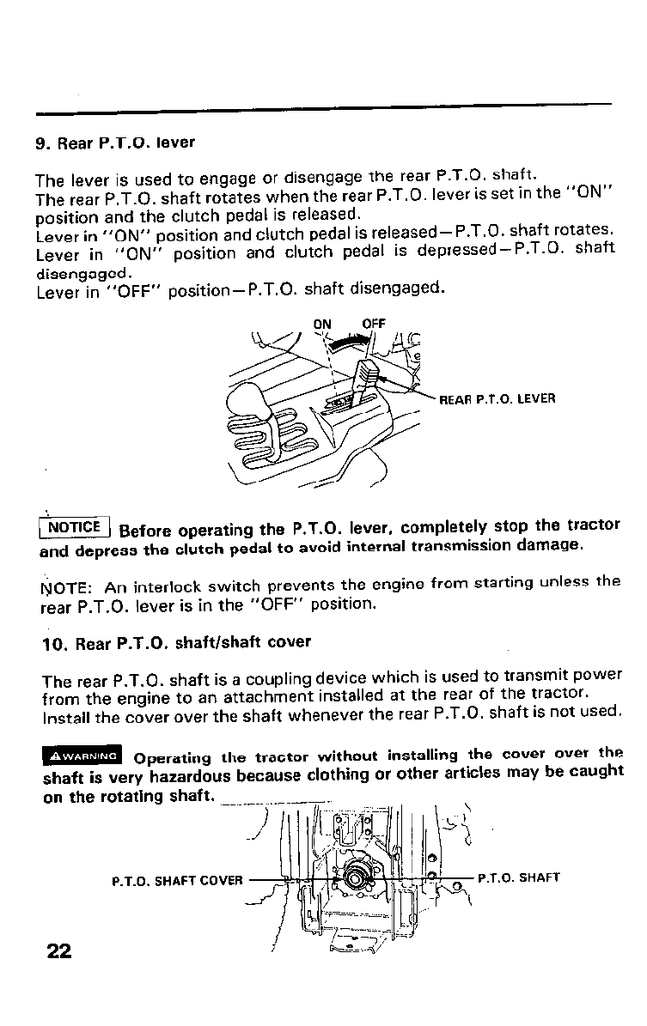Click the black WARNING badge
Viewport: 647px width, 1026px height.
pos(82,756)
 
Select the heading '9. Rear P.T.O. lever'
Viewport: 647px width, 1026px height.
pos(115,142)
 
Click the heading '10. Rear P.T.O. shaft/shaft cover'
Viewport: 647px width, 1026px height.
pos(176,642)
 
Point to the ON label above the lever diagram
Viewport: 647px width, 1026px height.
pos(322,324)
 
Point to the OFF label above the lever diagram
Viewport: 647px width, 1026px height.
pos(374,324)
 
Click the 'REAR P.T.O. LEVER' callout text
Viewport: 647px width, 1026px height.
pos(497,398)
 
